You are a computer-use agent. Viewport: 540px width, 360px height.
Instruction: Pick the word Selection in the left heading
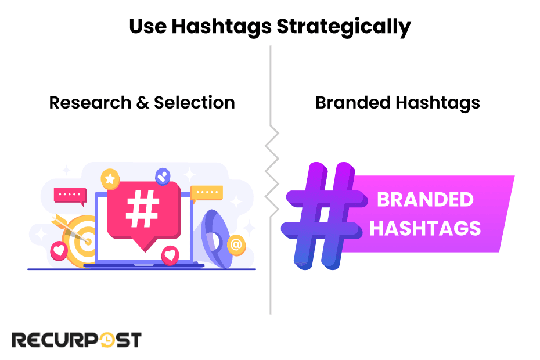click(x=194, y=103)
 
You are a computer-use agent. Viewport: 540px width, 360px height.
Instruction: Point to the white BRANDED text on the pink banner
click(x=425, y=200)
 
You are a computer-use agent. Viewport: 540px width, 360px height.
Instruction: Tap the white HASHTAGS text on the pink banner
click(x=425, y=228)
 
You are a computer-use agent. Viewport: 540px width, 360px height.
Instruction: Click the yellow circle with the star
click(x=109, y=178)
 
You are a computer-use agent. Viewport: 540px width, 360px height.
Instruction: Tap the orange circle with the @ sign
click(x=236, y=245)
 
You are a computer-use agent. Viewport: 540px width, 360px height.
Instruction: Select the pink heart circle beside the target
click(x=59, y=251)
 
